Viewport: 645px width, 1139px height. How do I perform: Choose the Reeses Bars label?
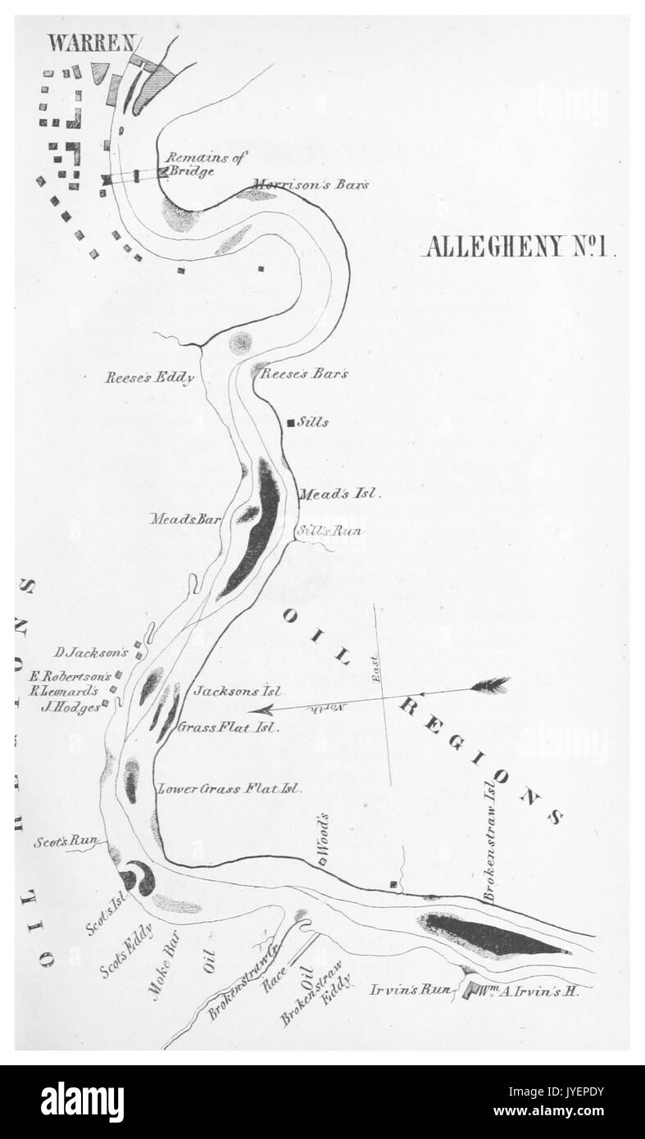pos(304,374)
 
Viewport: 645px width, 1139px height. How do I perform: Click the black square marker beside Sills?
pos(290,423)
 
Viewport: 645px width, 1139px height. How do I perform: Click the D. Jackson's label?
pos(91,653)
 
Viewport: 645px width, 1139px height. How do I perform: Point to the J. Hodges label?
pos(72,707)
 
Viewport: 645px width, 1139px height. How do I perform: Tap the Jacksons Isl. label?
pos(238,691)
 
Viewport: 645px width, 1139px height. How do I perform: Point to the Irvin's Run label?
pos(421,990)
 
